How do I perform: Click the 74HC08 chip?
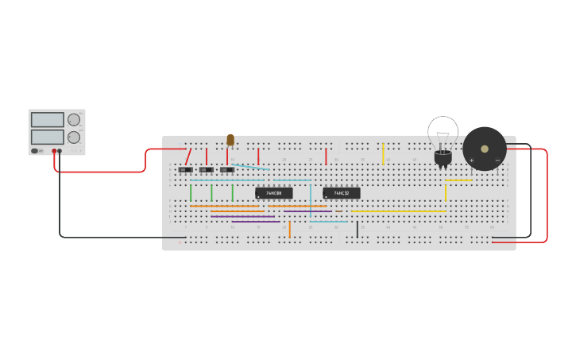point(273,193)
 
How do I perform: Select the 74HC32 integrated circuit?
point(341,193)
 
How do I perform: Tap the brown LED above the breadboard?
point(230,140)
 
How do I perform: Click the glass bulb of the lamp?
point(443,131)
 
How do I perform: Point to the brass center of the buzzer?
point(485,149)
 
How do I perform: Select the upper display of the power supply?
point(47,120)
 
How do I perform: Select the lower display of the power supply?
point(47,137)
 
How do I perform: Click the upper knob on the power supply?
point(74,120)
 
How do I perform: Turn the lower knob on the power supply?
point(74,137)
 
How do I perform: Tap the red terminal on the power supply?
point(54,151)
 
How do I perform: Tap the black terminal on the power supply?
point(60,151)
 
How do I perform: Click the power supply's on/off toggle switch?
point(35,151)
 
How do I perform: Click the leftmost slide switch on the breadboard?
point(185,169)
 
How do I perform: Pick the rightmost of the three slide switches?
point(227,169)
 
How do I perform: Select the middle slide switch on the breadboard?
point(207,169)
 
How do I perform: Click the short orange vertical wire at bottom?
point(289,229)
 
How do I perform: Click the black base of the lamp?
point(443,158)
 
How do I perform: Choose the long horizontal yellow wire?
point(397,211)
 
